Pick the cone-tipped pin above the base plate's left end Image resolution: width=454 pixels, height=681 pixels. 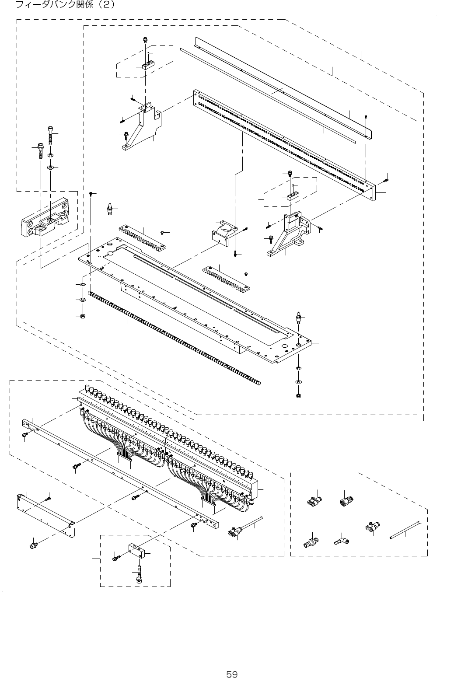(x=109, y=209)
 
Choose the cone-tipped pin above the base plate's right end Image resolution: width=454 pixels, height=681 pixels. (x=298, y=318)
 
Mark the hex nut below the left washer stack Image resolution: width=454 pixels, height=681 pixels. (x=82, y=315)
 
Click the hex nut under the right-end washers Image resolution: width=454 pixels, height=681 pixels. (x=298, y=396)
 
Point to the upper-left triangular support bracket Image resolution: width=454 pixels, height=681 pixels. (x=140, y=127)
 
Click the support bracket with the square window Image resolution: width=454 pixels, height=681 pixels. (x=293, y=232)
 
